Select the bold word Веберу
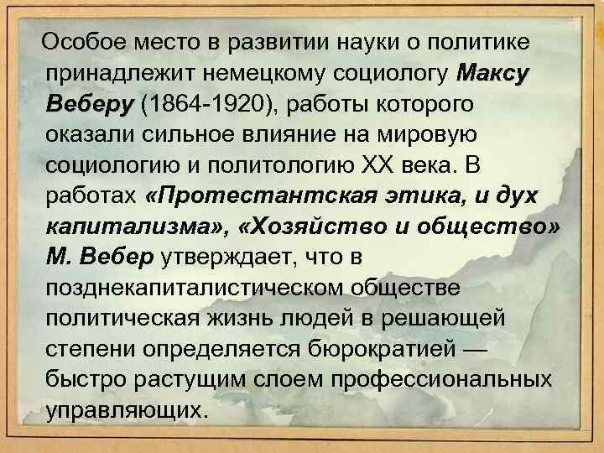[90, 105]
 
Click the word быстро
[86, 380]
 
